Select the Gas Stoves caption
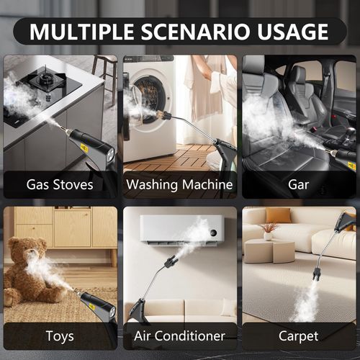coord(60,184)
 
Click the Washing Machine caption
coord(179,184)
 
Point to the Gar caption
coord(299,184)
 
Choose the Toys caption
coord(60,336)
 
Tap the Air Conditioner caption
coord(179,336)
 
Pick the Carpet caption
coord(299,336)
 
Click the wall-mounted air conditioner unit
coord(181,228)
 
